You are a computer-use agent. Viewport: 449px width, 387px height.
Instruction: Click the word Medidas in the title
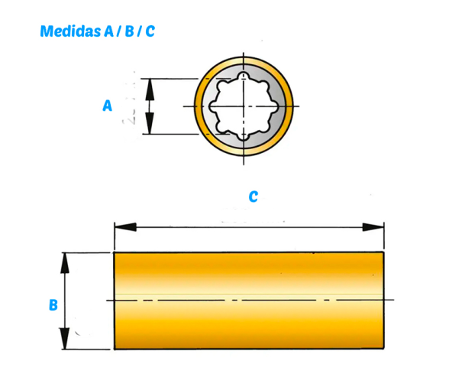[x=70, y=31]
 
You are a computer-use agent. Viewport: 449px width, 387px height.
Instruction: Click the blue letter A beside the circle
[x=107, y=106]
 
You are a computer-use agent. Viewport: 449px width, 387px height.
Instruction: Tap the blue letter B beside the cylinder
[x=53, y=305]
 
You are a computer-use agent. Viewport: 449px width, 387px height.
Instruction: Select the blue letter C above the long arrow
[x=254, y=197]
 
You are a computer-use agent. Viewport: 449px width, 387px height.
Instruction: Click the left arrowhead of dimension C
[x=125, y=227]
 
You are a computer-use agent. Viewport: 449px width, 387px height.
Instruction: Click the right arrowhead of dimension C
[x=373, y=227]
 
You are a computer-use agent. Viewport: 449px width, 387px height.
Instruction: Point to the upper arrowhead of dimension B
[x=65, y=263]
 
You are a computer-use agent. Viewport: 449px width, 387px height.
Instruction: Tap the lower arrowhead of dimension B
[x=65, y=339]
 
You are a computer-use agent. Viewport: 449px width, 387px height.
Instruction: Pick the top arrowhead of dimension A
[x=150, y=89]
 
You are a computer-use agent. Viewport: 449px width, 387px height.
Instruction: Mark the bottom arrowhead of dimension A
[x=150, y=123]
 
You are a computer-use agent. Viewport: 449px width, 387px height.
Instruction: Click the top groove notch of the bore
[x=244, y=76]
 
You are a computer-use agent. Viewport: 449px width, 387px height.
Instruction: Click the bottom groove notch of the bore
[x=244, y=137]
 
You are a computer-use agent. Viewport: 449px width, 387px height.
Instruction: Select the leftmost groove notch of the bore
[x=213, y=106]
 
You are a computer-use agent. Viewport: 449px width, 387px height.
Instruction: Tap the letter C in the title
[x=150, y=31]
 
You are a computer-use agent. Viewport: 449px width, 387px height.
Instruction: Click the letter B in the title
[x=130, y=31]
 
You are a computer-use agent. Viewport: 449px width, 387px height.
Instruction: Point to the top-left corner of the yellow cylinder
[x=115, y=252]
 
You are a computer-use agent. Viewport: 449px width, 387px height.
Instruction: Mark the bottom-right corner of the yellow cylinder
[x=383, y=349]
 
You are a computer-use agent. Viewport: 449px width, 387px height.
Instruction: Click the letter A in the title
[x=108, y=31]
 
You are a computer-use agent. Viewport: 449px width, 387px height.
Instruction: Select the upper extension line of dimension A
[x=170, y=79]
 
